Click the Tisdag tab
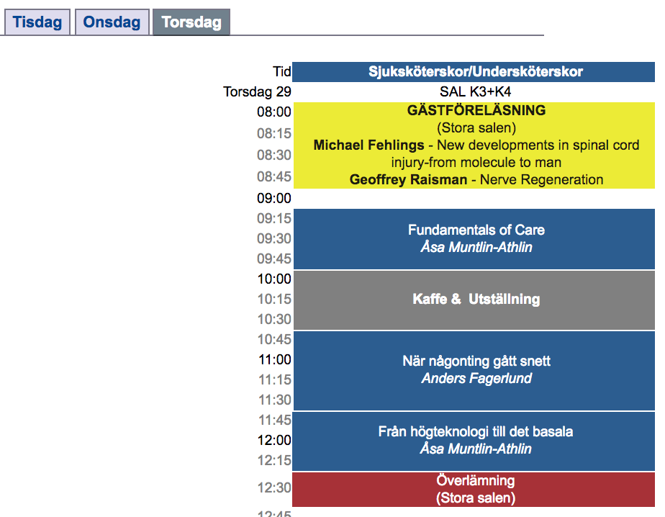pos(37,22)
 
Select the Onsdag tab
pos(112,22)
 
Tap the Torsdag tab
pos(191,22)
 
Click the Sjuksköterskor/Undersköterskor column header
pos(476,71)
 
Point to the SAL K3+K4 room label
pos(476,91)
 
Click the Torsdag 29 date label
pos(258,91)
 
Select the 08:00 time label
pos(274,112)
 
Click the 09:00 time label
pos(274,198)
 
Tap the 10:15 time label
pos(274,300)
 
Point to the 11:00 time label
pos(275,360)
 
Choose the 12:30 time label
pos(274,487)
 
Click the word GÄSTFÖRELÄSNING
pos(476,110)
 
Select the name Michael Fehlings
pos(368,145)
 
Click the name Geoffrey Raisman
pos(408,179)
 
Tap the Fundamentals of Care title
pos(476,230)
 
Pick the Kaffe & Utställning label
pos(476,300)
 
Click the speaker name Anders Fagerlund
pos(476,378)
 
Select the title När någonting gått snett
pos(476,361)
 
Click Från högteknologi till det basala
pos(476,432)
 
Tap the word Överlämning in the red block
pos(476,480)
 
